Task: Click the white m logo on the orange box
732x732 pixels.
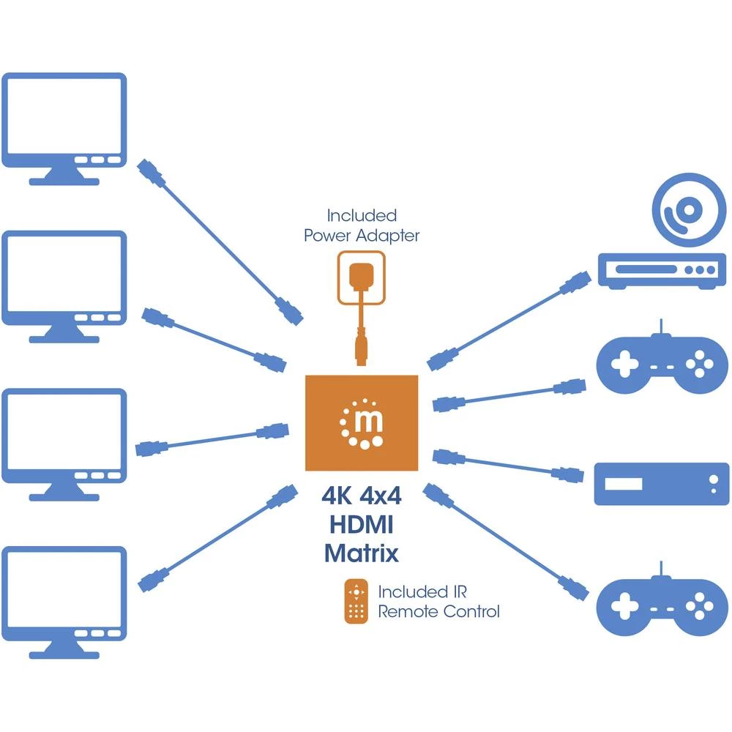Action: pyautogui.click(x=362, y=422)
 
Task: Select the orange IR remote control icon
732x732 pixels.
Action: pyautogui.click(x=356, y=601)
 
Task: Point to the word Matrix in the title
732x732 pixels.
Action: pyautogui.click(x=361, y=552)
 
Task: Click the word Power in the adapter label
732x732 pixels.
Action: pyautogui.click(x=330, y=236)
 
